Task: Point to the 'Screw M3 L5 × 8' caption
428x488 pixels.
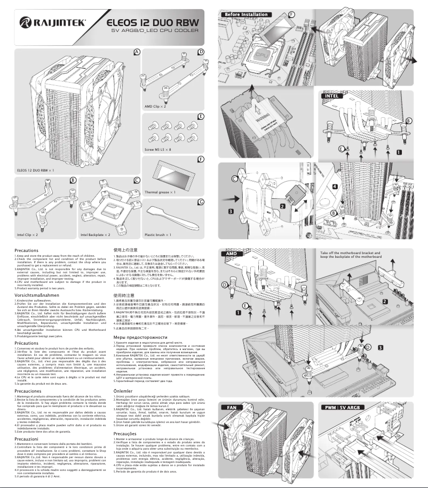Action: tap(160, 150)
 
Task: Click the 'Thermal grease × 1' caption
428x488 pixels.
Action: tap(161, 191)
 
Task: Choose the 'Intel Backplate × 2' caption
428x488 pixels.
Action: tap(96, 234)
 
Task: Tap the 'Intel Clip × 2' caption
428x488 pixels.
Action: tap(27, 234)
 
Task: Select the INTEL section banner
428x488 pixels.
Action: tap(331, 96)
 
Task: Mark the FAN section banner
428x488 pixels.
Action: tap(228, 407)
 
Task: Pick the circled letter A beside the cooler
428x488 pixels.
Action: tap(137, 52)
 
